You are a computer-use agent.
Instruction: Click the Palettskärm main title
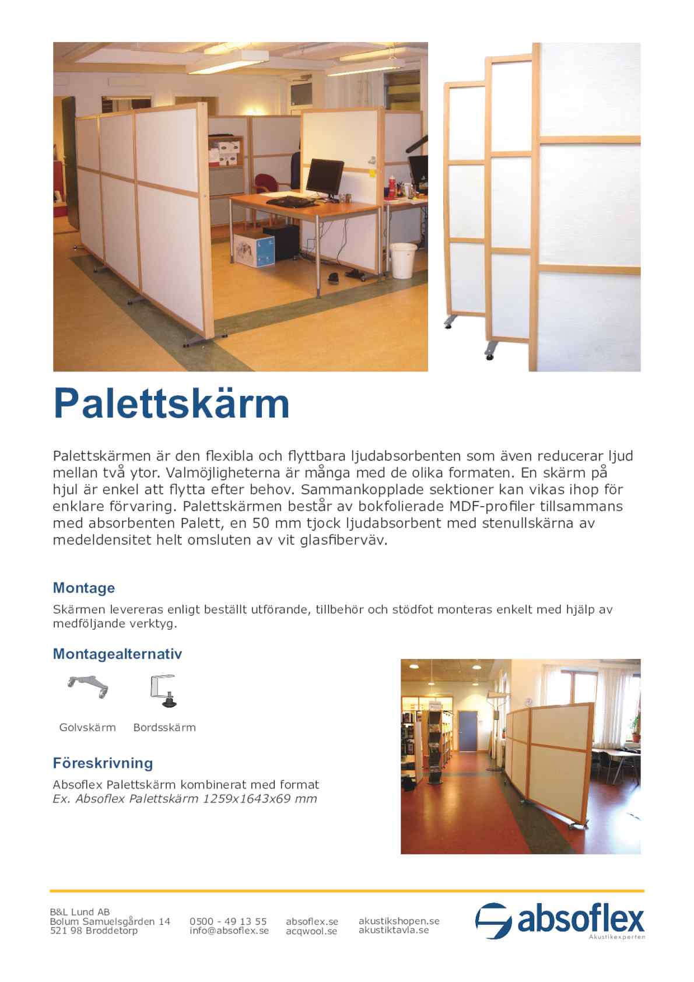171,404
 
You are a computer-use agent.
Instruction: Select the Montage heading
84,588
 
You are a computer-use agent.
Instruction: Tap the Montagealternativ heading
117,654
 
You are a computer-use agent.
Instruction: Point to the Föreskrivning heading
103,763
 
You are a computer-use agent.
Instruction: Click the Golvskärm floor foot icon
88,686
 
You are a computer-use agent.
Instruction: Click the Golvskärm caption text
87,727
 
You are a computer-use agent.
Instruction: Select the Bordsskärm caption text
164,727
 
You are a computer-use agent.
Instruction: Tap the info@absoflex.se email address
229,931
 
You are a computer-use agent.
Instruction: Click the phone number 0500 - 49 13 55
228,921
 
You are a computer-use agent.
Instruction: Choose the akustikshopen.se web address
399,921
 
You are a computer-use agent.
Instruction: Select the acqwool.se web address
311,931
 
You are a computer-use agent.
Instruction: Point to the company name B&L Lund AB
80,911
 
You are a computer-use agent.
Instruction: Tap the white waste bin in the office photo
403,260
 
